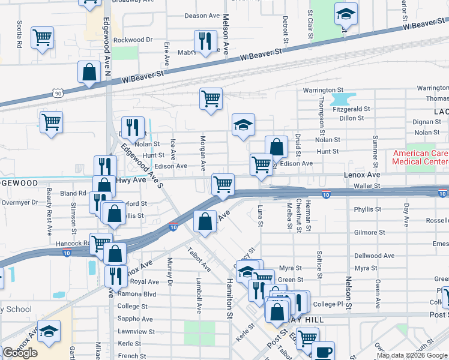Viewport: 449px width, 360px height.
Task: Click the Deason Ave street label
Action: pyautogui.click(x=202, y=16)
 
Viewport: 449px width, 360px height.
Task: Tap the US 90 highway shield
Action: pyautogui.click(x=58, y=94)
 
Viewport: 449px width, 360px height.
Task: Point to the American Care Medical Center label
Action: pyautogui.click(x=420, y=157)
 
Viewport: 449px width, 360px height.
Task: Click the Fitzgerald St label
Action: pyautogui.click(x=354, y=109)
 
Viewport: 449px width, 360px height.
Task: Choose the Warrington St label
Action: pyautogui.click(x=322, y=90)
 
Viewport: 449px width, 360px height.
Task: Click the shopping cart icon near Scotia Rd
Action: pyautogui.click(x=42, y=37)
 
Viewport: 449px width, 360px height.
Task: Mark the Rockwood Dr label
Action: pyautogui.click(x=133, y=40)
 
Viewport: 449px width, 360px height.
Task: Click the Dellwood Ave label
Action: pyautogui.click(x=375, y=256)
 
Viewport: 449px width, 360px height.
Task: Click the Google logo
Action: pyautogui.click(x=20, y=353)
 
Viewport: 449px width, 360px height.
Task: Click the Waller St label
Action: pyautogui.click(x=379, y=186)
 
